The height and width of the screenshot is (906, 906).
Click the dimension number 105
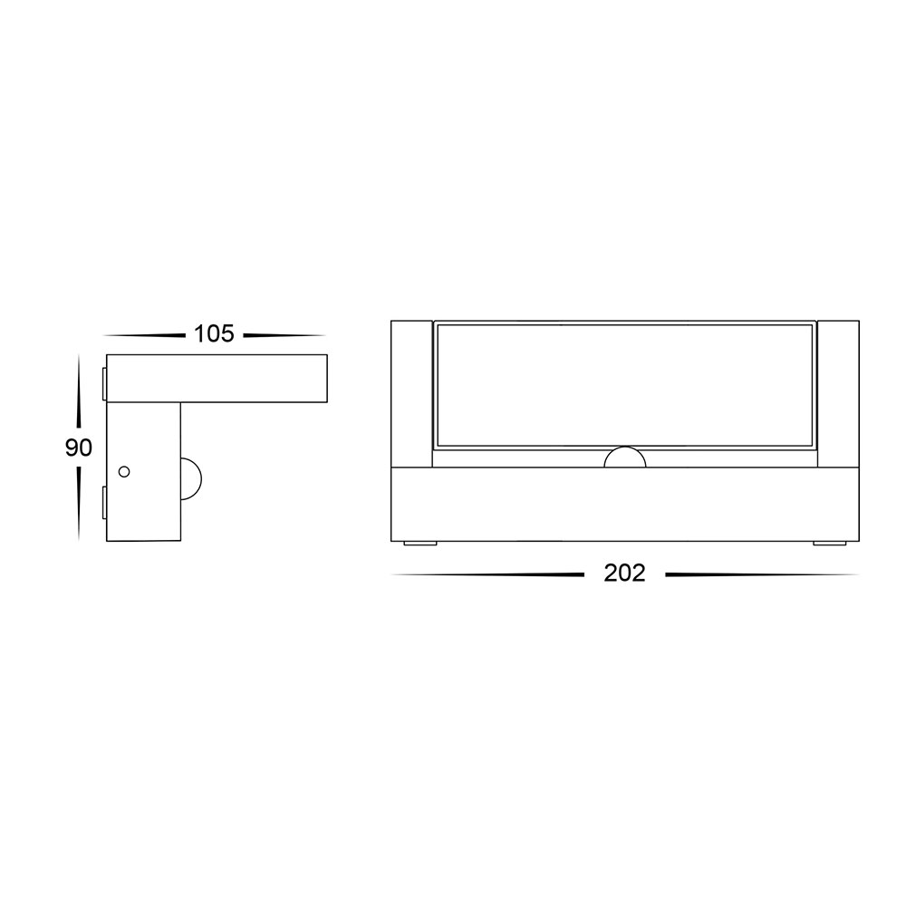tap(214, 334)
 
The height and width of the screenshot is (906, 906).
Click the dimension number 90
tap(79, 448)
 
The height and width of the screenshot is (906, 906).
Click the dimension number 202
tap(624, 573)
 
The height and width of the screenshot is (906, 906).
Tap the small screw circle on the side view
tap(123, 471)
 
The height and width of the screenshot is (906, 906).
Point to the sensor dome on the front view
tap(624, 457)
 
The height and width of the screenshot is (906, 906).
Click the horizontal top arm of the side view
tap(217, 379)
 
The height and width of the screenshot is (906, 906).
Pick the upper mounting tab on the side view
tap(104, 383)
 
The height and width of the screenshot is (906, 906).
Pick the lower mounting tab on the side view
tap(104, 502)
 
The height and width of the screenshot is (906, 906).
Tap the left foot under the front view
tap(420, 543)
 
